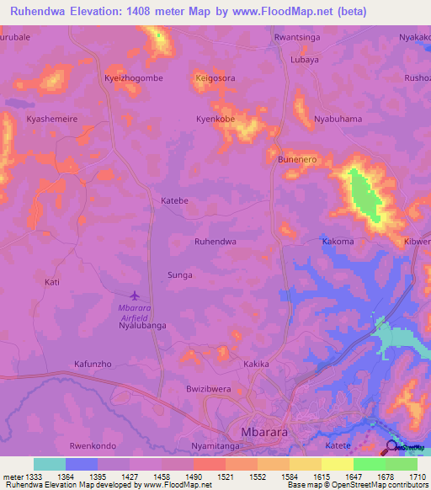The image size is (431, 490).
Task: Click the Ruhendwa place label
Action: click(215, 241)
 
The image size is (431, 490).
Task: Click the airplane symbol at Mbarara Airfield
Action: click(135, 295)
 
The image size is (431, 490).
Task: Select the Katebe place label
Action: click(174, 201)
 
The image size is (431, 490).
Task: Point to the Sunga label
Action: click(179, 275)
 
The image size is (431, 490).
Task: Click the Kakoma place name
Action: click(338, 241)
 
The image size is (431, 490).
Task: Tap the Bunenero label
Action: click(296, 158)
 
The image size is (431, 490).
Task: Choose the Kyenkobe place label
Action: click(215, 119)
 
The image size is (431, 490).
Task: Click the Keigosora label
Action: click(215, 77)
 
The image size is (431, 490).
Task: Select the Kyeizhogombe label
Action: click(133, 77)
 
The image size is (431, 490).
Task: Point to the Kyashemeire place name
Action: click(52, 119)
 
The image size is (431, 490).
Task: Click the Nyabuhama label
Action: click(338, 119)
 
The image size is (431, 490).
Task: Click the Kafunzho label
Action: click(93, 364)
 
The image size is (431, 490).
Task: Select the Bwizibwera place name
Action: click(208, 389)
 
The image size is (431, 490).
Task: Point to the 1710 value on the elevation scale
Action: click(418, 477)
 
